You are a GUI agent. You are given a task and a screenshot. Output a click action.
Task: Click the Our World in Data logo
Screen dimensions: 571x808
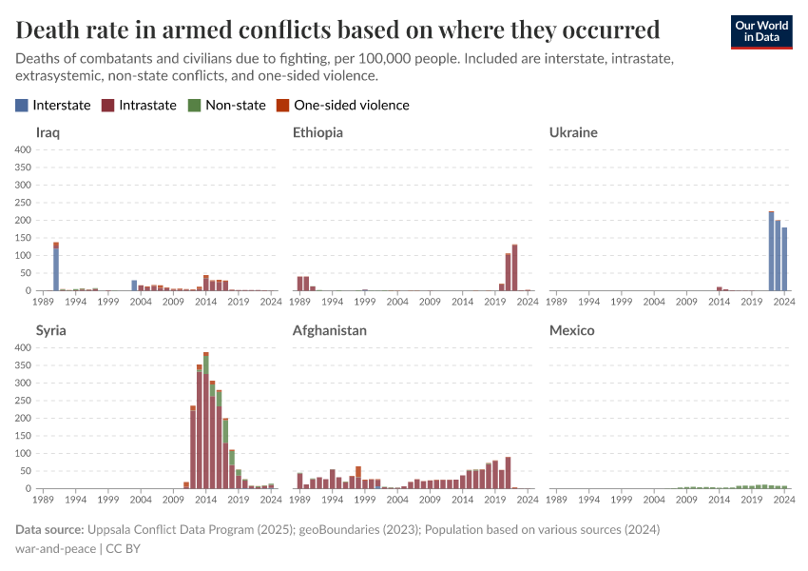click(x=760, y=31)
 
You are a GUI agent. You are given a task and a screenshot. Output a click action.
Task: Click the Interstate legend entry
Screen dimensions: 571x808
click(x=53, y=105)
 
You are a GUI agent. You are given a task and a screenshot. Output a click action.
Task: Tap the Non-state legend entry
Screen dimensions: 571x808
click(x=227, y=105)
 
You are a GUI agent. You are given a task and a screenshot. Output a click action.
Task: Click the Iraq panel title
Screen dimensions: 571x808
click(x=48, y=132)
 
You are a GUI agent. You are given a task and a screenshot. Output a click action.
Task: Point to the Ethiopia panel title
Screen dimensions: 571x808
click(x=317, y=132)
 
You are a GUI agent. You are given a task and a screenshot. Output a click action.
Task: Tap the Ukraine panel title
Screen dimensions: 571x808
click(x=573, y=132)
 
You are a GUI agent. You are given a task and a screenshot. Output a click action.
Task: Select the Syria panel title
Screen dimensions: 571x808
click(x=50, y=330)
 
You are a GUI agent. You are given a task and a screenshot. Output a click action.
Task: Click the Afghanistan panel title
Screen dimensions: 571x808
click(x=330, y=330)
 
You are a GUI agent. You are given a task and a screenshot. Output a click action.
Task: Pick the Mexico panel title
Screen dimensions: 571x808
click(x=571, y=330)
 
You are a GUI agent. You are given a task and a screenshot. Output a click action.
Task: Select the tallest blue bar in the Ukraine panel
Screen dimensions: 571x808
click(x=771, y=252)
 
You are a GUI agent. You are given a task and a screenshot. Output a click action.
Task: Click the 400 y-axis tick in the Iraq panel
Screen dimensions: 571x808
click(x=24, y=149)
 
